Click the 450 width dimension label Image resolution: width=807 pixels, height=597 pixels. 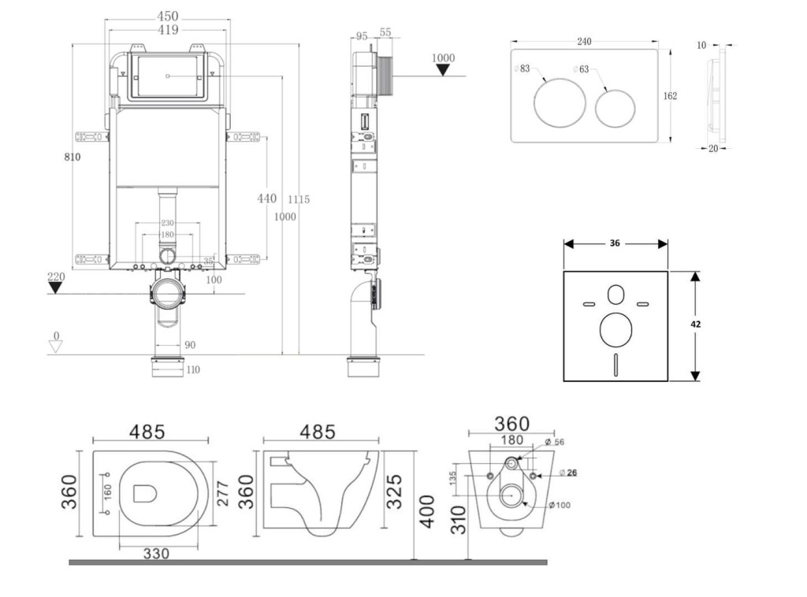pos(166,16)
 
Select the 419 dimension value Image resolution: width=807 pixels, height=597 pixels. pos(166,30)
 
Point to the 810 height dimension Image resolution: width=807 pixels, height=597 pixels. pos(73,157)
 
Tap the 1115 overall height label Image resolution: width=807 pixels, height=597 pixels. pos(298,200)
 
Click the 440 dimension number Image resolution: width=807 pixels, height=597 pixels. pos(267,198)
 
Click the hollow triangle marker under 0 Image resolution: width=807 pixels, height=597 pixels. pos(55,347)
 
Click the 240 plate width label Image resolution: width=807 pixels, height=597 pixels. pos(584,42)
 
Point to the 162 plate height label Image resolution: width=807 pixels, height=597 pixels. pos(670,96)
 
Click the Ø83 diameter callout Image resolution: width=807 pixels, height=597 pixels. pos(522,69)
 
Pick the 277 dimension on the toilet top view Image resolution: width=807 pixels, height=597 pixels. pos(224,494)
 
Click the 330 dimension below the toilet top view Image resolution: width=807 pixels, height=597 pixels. pos(157,555)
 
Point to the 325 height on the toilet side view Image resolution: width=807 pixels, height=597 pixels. pos(394,491)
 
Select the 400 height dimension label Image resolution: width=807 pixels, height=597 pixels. pos(427,512)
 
